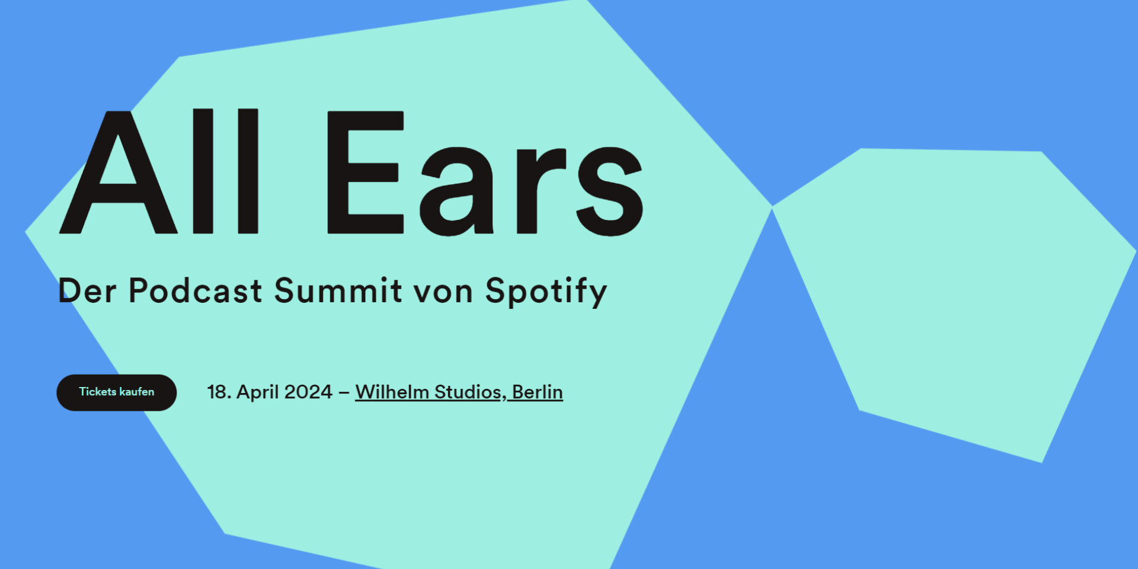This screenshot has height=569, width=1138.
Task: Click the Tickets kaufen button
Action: pyautogui.click(x=116, y=392)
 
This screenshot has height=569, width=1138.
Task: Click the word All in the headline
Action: pyautogui.click(x=160, y=172)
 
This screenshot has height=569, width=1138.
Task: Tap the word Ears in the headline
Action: pyautogui.click(x=485, y=173)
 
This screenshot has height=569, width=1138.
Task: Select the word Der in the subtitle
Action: pyautogui.click(x=87, y=291)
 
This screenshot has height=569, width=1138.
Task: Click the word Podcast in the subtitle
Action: pyautogui.click(x=195, y=291)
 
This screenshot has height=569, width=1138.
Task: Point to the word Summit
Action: pyautogui.click(x=338, y=291)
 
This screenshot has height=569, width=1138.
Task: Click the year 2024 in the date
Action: pyautogui.click(x=308, y=392)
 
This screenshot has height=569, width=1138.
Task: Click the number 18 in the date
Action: pyautogui.click(x=217, y=392)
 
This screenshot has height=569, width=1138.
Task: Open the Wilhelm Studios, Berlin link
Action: pyautogui.click(x=459, y=392)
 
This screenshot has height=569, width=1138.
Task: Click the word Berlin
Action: pyautogui.click(x=537, y=392)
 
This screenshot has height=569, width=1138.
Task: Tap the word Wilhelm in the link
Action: pyautogui.click(x=392, y=392)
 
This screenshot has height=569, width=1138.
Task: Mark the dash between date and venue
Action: pyautogui.click(x=344, y=392)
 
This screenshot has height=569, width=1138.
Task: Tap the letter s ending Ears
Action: pyautogui.click(x=610, y=191)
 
